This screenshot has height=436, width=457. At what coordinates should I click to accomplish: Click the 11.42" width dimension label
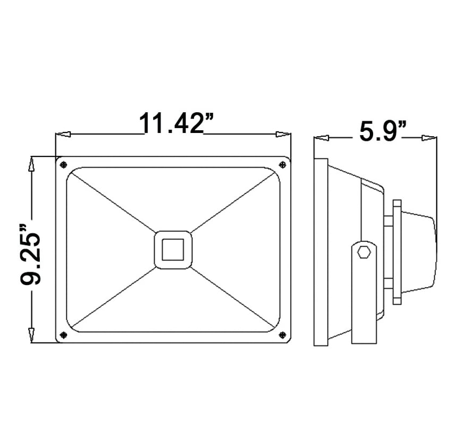coord(176,123)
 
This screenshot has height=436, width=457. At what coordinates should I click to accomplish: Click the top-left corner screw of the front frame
coord(63,165)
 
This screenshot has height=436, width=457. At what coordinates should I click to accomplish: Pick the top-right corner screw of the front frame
coord(282,165)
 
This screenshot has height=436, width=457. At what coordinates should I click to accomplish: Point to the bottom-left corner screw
coord(63,335)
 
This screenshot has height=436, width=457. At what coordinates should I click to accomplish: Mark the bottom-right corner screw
coord(282,335)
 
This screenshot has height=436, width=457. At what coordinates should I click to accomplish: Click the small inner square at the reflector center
coord(173,250)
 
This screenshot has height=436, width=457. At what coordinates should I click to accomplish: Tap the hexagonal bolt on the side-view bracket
coord(364,251)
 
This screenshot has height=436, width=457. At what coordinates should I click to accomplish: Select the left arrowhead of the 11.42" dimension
coord(63,134)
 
